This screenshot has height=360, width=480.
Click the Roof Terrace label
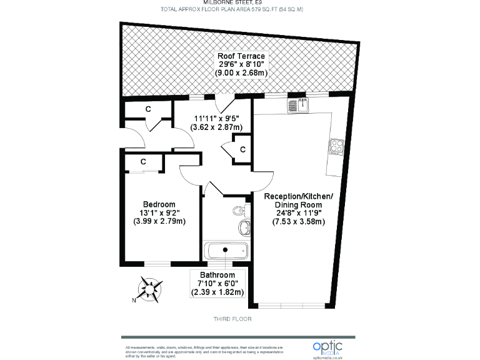tap(241, 56)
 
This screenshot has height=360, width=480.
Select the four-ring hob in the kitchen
tap(337, 146)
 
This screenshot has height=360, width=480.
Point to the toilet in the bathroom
tap(238, 210)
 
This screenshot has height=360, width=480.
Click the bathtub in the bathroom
tap(226, 251)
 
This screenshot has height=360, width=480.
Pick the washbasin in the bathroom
tap(244, 225)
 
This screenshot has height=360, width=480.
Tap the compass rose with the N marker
tap(151, 289)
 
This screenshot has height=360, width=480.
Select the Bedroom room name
tap(159, 204)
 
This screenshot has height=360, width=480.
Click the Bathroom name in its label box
tap(217, 275)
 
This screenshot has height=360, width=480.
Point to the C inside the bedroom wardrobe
tap(143, 162)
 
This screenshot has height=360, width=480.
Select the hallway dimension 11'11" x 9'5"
tap(216, 117)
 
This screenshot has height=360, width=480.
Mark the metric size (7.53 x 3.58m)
tap(299, 221)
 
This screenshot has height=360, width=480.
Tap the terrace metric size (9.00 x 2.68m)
tap(241, 72)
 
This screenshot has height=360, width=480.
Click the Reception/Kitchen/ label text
tap(299, 196)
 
